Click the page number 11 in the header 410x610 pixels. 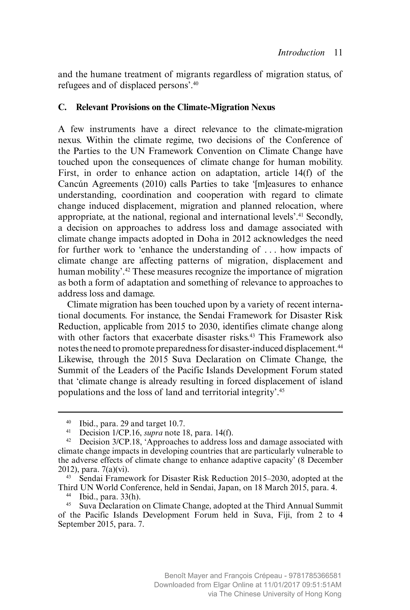pyautogui.click(x=338, y=53)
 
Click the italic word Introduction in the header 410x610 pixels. pyautogui.click(x=301, y=53)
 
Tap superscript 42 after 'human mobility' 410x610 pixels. pyautogui.click(x=127, y=270)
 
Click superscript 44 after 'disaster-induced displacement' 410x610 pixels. pyautogui.click(x=340, y=347)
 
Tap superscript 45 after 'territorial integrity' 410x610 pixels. pyautogui.click(x=282, y=390)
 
